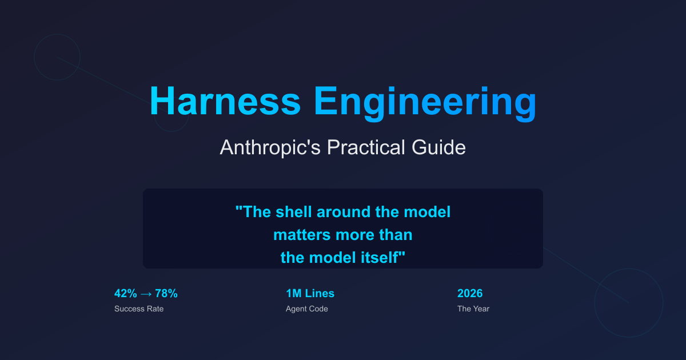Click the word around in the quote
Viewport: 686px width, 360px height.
(341, 212)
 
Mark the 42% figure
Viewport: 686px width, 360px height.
(126, 294)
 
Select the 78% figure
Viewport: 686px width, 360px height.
(166, 294)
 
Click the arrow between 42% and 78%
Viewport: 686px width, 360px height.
(146, 294)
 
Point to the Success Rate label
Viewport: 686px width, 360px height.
(139, 309)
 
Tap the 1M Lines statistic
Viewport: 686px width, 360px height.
(310, 294)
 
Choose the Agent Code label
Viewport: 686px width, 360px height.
(307, 309)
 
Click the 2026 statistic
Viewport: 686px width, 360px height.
(470, 294)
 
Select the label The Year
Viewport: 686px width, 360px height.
(473, 309)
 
